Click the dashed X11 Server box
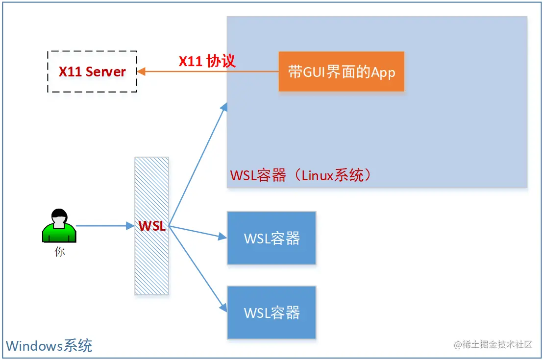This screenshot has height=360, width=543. pyautogui.click(x=92, y=72)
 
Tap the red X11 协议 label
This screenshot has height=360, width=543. pyautogui.click(x=207, y=61)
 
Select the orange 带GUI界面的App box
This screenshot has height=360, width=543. pyautogui.click(x=341, y=72)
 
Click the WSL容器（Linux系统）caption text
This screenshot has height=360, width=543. pyautogui.click(x=300, y=175)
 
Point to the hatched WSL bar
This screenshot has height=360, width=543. pyautogui.click(x=152, y=264)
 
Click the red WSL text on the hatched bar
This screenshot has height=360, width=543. pyautogui.click(x=152, y=226)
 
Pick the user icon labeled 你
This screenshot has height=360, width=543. pyautogui.click(x=59, y=226)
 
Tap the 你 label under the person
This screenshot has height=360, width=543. pyautogui.click(x=59, y=252)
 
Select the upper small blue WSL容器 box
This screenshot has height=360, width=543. pyautogui.click(x=271, y=239)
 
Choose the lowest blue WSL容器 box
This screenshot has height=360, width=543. pyautogui.click(x=271, y=313)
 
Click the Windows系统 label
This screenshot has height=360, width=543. pyautogui.click(x=49, y=346)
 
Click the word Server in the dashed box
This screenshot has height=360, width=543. pyautogui.click(x=106, y=72)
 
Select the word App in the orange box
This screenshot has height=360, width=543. pyautogui.click(x=383, y=72)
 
